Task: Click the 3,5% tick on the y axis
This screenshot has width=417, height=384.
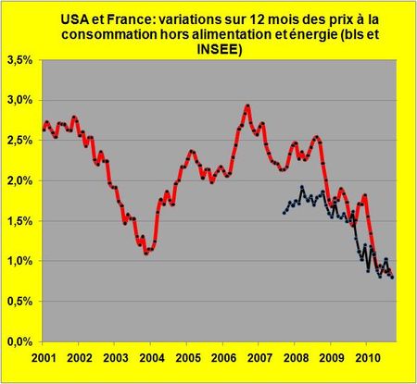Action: (21, 58)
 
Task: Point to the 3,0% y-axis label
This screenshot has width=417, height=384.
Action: (21, 99)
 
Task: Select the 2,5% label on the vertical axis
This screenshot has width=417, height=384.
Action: (21, 140)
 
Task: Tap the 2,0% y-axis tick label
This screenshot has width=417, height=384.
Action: (21, 180)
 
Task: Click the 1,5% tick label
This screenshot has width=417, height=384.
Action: (21, 221)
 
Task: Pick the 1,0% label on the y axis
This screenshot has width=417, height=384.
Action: (21, 262)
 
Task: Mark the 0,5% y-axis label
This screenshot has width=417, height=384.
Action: (21, 302)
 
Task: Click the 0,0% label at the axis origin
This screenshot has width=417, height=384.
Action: (21, 342)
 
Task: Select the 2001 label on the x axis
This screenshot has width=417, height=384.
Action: (43, 357)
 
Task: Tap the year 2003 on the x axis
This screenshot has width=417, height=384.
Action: (115, 357)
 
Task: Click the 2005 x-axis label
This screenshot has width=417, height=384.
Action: (187, 357)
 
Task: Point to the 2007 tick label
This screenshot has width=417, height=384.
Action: (259, 357)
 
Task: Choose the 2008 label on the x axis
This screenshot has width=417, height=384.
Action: (296, 357)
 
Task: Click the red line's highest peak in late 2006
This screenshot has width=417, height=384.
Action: (247, 105)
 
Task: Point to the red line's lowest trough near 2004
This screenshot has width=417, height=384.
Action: (146, 253)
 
